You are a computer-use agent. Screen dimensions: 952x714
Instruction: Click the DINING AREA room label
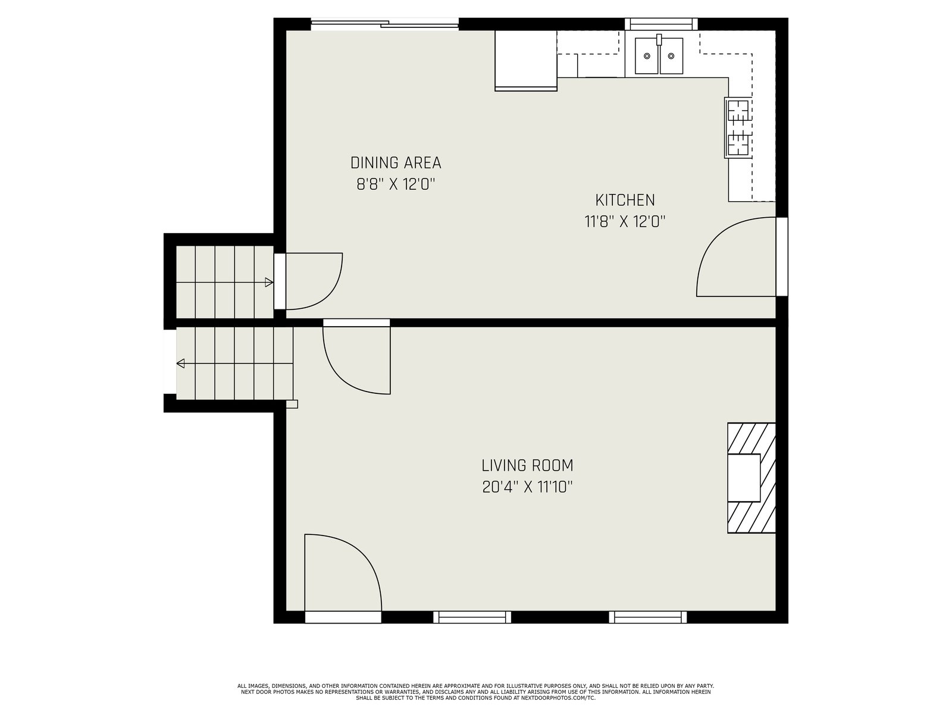click(x=396, y=163)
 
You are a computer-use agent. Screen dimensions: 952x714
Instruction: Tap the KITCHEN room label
click(x=625, y=201)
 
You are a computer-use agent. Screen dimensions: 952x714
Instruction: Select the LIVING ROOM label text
click(x=527, y=466)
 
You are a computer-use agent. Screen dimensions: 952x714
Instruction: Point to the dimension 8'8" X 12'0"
click(x=396, y=184)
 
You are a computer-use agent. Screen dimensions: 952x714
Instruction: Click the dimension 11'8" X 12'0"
click(x=625, y=222)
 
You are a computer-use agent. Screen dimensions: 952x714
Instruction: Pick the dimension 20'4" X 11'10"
click(x=527, y=488)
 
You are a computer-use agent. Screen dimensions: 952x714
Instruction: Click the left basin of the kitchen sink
click(x=647, y=56)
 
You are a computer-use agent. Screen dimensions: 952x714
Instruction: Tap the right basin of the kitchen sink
click(x=671, y=56)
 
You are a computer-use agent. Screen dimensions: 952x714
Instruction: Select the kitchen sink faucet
click(x=659, y=39)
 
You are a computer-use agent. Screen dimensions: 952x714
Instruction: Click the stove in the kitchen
click(x=738, y=127)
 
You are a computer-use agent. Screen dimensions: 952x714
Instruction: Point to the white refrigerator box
click(x=525, y=60)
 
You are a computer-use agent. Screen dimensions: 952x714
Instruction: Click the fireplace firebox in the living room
click(x=744, y=478)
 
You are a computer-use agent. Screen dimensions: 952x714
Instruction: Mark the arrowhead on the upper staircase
click(x=269, y=283)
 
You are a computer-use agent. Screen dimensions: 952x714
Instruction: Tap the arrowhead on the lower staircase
click(x=180, y=364)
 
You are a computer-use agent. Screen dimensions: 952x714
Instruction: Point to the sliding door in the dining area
click(x=385, y=24)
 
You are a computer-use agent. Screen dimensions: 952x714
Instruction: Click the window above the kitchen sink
click(x=661, y=24)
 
